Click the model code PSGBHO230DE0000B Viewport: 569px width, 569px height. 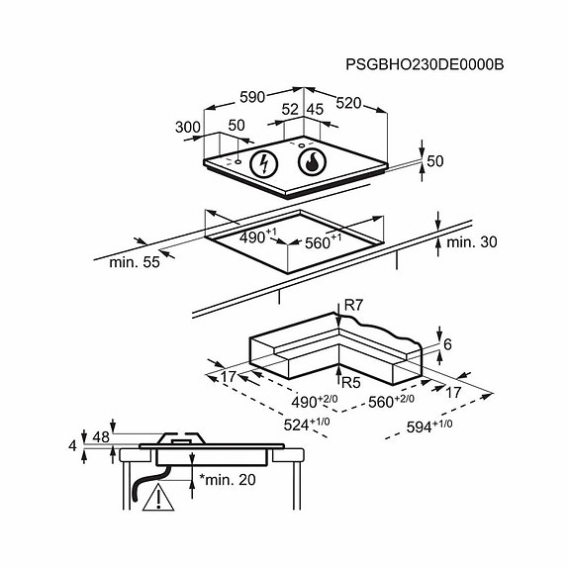[425, 64]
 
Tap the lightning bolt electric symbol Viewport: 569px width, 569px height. [264, 163]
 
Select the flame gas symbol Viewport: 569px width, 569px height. [312, 162]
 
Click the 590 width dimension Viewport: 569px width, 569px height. [252, 97]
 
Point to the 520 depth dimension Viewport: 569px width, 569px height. [348, 104]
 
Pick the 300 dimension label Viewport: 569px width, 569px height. [188, 128]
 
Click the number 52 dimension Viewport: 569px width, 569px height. [290, 109]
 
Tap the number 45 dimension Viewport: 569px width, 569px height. [315, 109]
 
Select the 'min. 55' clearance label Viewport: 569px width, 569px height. [135, 262]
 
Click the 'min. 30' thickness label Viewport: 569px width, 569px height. [471, 242]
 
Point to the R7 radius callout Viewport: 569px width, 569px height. [353, 306]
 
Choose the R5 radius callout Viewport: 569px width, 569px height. [351, 383]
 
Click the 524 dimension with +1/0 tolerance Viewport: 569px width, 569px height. [307, 425]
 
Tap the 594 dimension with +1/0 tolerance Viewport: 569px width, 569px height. [429, 427]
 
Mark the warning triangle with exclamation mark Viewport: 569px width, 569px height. [158, 497]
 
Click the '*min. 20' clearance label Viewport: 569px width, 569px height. [228, 480]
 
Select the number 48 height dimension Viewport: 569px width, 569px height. [101, 437]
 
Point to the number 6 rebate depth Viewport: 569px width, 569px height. [447, 344]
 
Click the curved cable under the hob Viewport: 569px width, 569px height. [149, 482]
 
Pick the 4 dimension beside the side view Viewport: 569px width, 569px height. [72, 445]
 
